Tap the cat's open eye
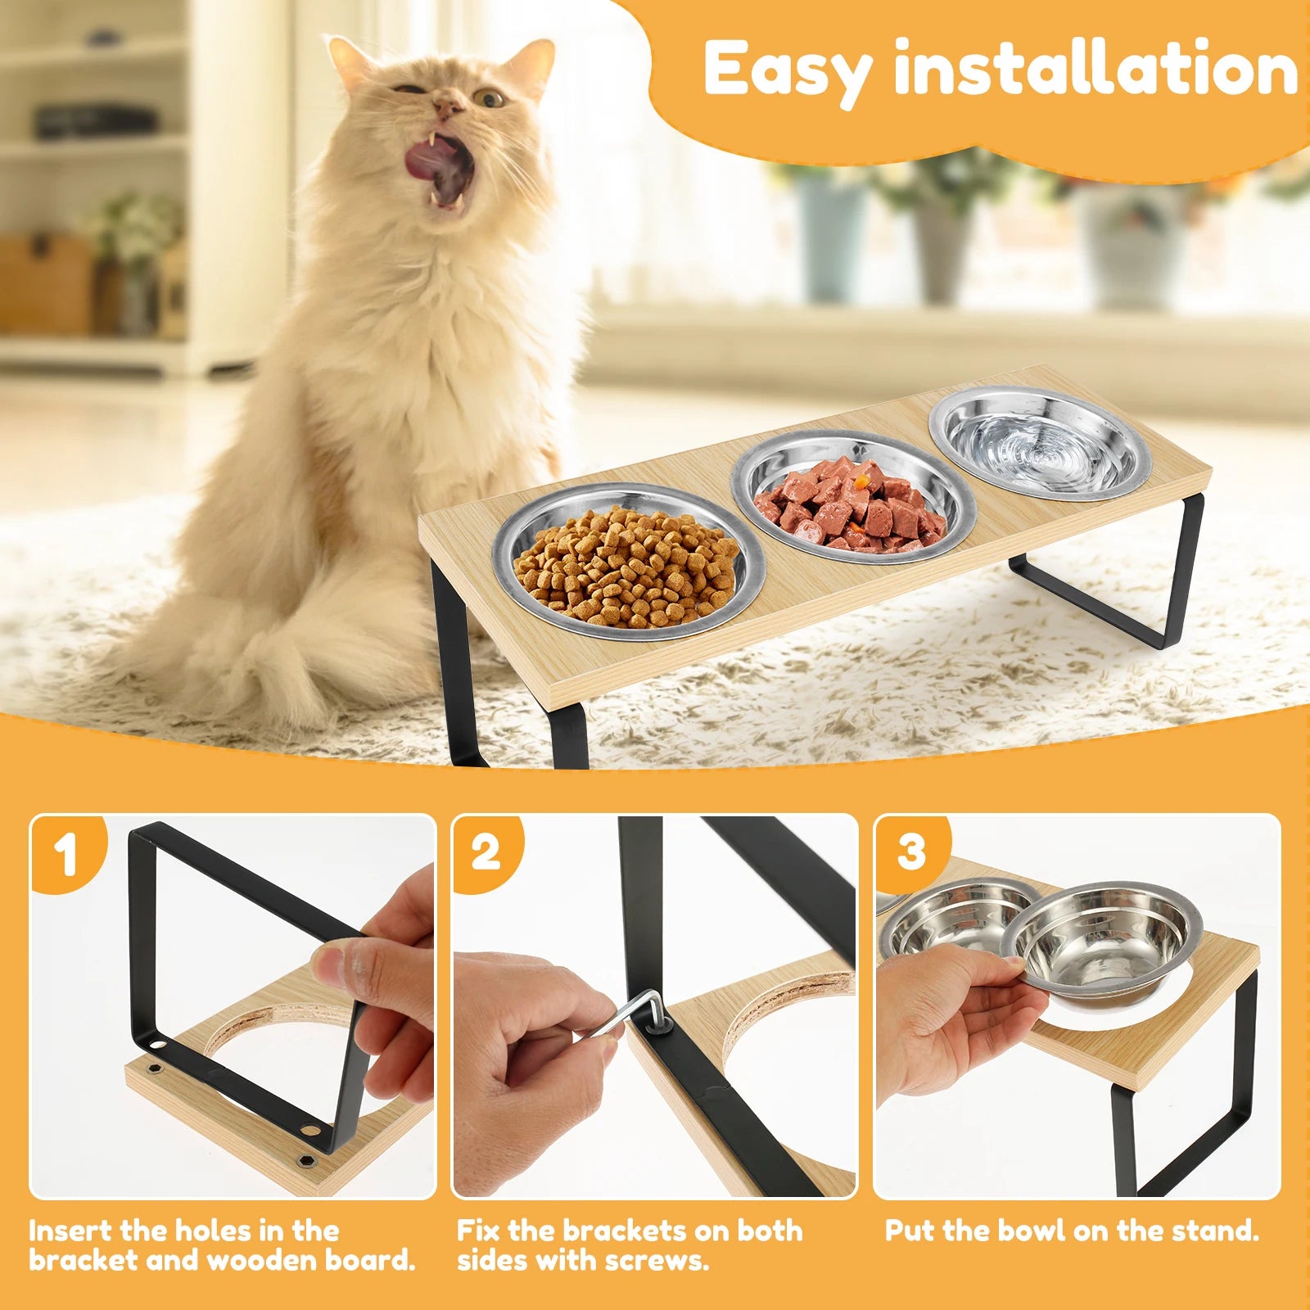(490, 99)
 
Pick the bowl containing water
(1039, 442)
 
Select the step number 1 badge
(65, 854)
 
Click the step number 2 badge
(486, 852)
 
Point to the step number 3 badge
(910, 851)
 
